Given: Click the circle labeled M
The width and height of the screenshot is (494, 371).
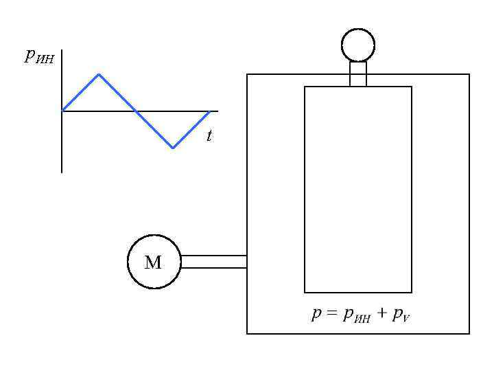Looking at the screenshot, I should point(154,262).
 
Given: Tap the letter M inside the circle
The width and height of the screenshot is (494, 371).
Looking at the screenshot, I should point(153,262).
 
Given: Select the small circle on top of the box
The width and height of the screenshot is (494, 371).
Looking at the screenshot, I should point(358,45).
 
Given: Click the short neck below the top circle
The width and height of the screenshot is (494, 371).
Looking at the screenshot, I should point(358,74).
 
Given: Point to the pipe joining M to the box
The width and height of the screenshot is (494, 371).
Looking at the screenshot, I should point(214,262).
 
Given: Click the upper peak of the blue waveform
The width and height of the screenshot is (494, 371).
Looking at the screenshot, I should point(99,74).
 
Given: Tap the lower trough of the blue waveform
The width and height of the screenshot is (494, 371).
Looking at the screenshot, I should point(173,147).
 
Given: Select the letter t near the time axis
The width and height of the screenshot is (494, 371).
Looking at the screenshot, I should point(209,137).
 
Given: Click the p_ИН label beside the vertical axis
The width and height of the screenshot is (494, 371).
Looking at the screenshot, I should point(39,57).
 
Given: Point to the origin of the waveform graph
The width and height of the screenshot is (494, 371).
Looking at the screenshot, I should point(62,111).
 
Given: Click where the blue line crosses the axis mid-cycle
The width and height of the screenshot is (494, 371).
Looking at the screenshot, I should point(136,111).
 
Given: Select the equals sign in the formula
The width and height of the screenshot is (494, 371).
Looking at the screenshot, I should point(332,315).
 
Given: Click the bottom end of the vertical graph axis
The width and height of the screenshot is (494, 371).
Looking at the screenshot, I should point(62,172).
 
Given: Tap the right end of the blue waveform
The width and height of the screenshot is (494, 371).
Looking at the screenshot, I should point(209,111).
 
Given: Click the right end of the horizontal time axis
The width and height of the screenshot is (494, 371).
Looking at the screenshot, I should point(217,111).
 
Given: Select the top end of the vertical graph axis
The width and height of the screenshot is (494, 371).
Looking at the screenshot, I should point(62,50).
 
